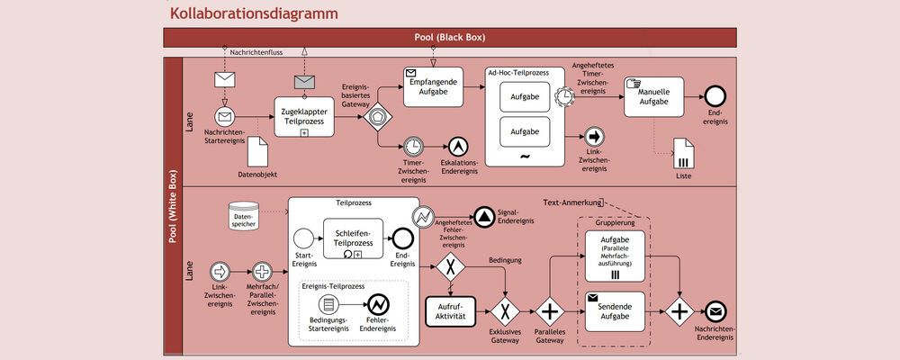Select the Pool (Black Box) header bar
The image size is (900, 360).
pyautogui.click(x=449, y=37)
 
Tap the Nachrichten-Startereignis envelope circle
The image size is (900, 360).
pyautogui.click(x=225, y=117)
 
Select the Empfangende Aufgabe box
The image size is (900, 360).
pyautogui.click(x=432, y=87)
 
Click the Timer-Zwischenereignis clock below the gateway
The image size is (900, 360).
pyautogui.click(x=412, y=146)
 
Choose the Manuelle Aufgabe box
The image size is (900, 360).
pyautogui.click(x=653, y=96)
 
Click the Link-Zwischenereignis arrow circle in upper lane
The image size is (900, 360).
pyautogui.click(x=594, y=137)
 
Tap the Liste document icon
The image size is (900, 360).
pyautogui.click(x=683, y=153)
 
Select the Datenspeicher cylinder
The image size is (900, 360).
pyautogui.click(x=243, y=216)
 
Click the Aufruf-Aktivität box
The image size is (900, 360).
pyautogui.click(x=449, y=312)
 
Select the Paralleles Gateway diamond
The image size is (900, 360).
pyautogui.click(x=549, y=312)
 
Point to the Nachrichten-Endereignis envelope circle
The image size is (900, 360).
pyautogui.click(x=716, y=312)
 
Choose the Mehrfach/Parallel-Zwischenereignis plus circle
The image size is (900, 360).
pyautogui.click(x=262, y=271)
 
